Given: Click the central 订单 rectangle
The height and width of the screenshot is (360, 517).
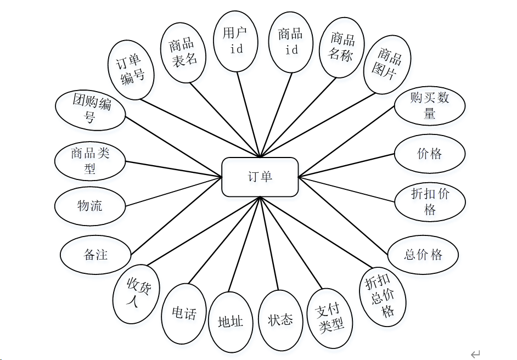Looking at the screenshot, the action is (260, 177).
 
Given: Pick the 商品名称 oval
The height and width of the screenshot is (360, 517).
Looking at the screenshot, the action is (342, 47).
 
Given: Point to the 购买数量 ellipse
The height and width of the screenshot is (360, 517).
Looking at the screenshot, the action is (430, 105).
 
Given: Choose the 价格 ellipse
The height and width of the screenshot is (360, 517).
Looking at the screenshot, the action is (430, 154).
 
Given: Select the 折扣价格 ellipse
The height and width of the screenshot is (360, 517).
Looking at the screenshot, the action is (430, 201).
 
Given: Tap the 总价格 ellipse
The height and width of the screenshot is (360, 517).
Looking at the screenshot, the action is (423, 255).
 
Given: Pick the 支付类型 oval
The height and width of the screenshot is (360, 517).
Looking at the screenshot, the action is (330, 318).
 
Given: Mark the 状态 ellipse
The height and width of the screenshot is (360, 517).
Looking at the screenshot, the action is (280, 319).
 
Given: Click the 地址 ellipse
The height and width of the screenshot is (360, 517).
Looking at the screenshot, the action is (231, 322).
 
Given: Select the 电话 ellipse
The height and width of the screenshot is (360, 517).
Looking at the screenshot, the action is (184, 313).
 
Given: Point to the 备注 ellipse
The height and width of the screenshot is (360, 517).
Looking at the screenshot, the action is (95, 255).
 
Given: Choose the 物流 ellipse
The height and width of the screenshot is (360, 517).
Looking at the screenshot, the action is (90, 206).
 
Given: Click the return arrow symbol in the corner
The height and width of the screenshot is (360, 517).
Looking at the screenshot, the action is (476, 354).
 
